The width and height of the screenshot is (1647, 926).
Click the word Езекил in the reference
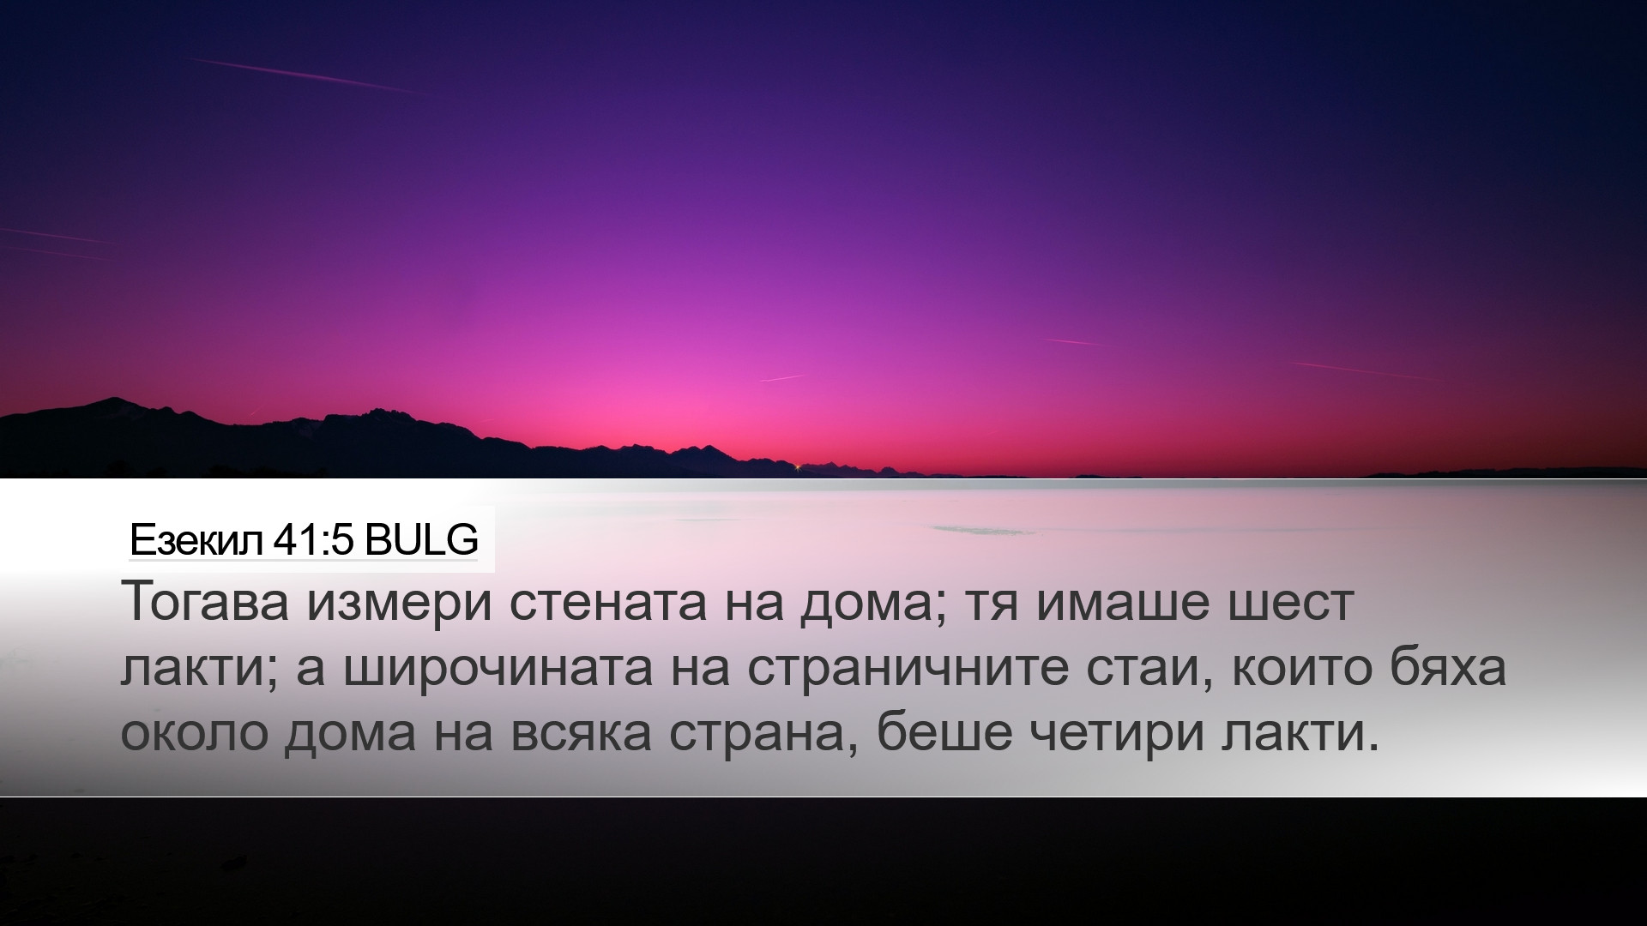196,540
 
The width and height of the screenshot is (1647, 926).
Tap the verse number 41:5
313,540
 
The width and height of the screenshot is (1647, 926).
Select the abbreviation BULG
420,540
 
